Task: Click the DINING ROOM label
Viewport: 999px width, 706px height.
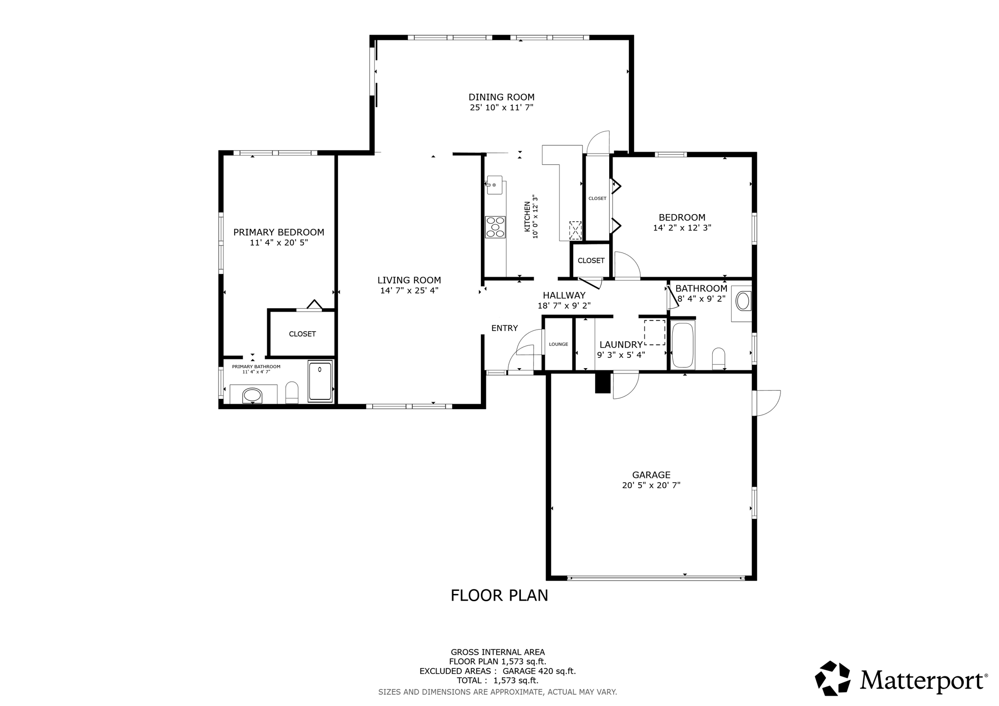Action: click(x=501, y=97)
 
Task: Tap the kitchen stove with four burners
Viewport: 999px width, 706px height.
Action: click(x=495, y=227)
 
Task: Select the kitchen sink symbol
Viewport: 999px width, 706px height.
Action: click(x=494, y=185)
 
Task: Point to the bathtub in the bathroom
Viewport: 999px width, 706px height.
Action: click(x=683, y=345)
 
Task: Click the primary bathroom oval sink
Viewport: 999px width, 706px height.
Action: click(x=252, y=395)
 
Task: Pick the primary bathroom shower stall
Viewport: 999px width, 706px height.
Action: click(x=320, y=381)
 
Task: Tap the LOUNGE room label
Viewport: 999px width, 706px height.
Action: click(x=558, y=344)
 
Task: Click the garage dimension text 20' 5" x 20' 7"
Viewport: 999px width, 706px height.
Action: click(x=651, y=485)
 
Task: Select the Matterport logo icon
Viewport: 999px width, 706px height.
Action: click(x=833, y=678)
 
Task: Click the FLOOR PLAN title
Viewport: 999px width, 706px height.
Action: click(x=499, y=595)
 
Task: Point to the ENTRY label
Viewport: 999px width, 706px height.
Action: click(x=504, y=328)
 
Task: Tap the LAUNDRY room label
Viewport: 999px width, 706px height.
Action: click(x=620, y=345)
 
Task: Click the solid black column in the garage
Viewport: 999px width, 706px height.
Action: click(x=603, y=383)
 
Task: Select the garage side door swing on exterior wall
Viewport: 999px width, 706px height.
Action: click(x=767, y=403)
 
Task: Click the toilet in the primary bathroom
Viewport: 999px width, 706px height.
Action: click(x=292, y=392)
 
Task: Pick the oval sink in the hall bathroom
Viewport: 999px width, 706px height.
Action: click(x=743, y=301)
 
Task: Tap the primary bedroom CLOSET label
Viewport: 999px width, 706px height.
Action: click(x=302, y=334)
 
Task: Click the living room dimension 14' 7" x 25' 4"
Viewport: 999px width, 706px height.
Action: click(x=409, y=291)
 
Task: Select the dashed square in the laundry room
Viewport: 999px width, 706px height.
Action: click(x=654, y=333)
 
